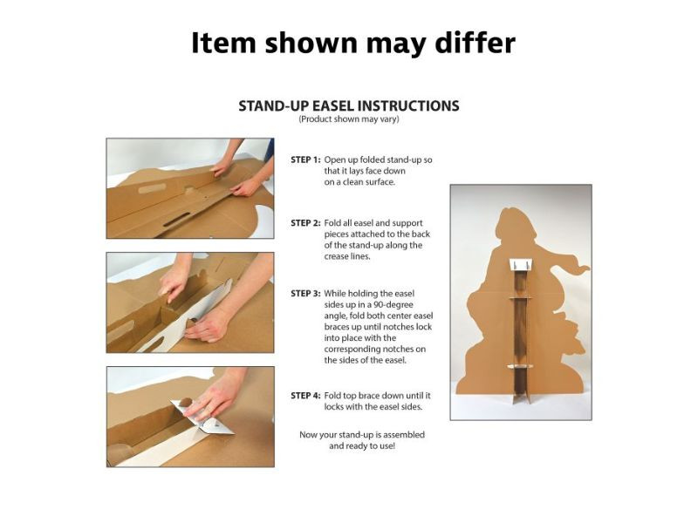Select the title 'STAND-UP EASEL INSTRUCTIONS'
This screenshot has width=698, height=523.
[x=349, y=105]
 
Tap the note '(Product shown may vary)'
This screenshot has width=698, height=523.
[x=349, y=119]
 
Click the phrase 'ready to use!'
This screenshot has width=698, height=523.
[x=362, y=445]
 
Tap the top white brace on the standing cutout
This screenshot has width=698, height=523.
[x=521, y=264]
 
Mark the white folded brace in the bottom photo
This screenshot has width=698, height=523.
[x=209, y=423]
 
